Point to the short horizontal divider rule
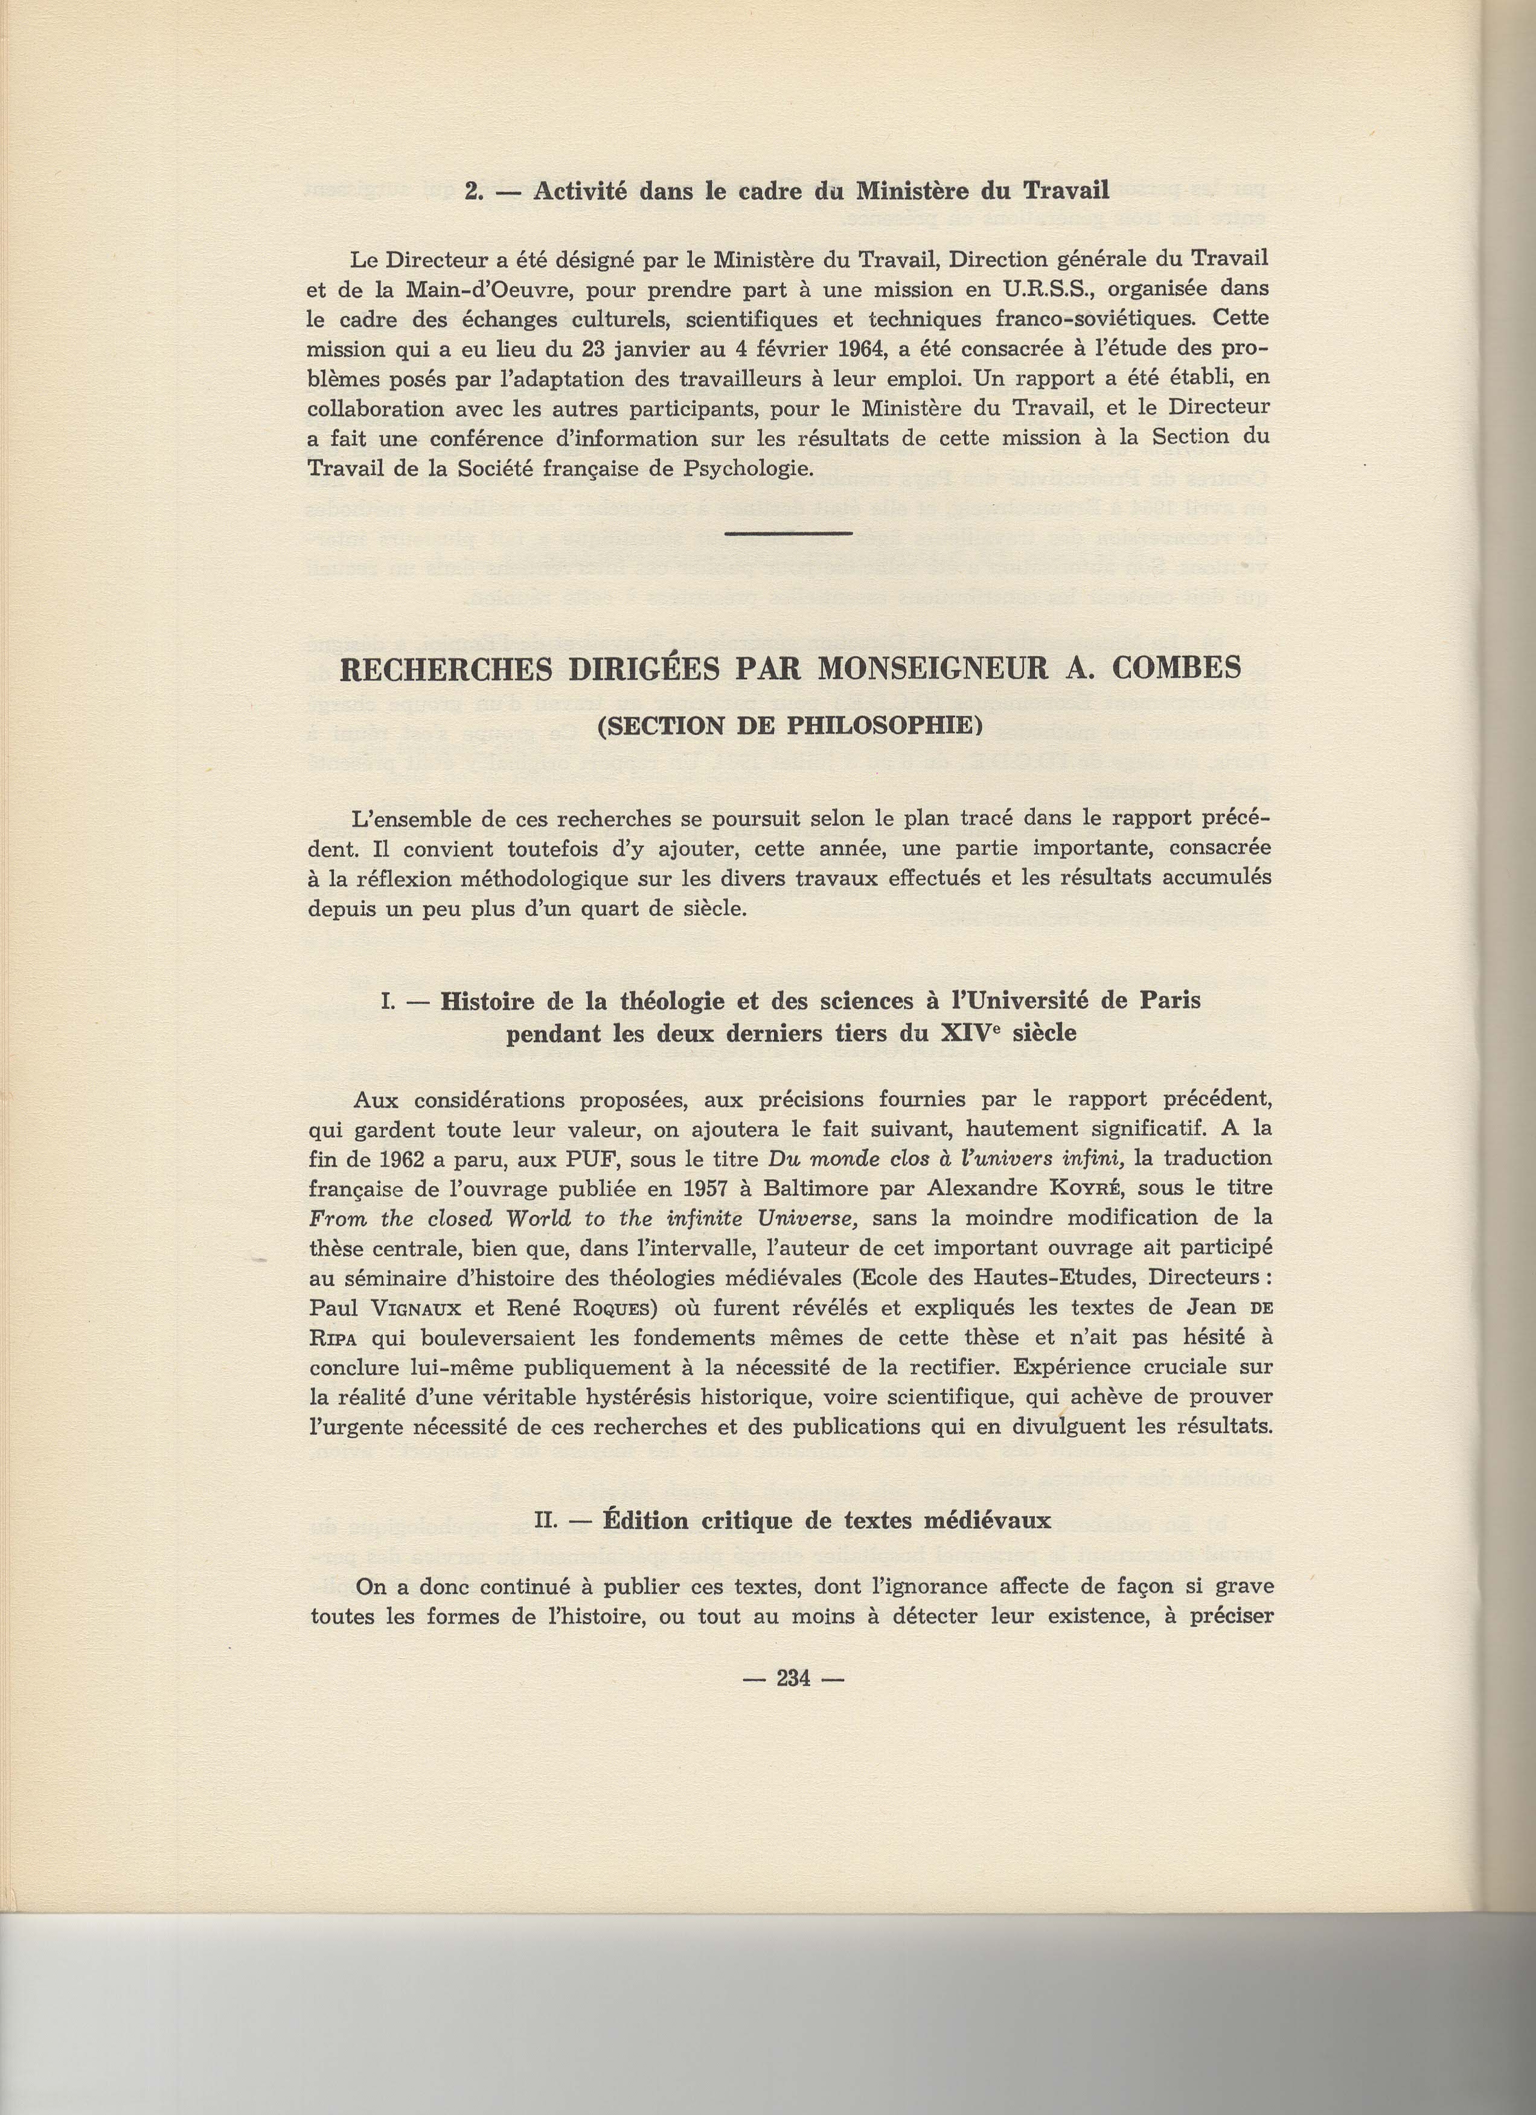click(788, 534)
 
